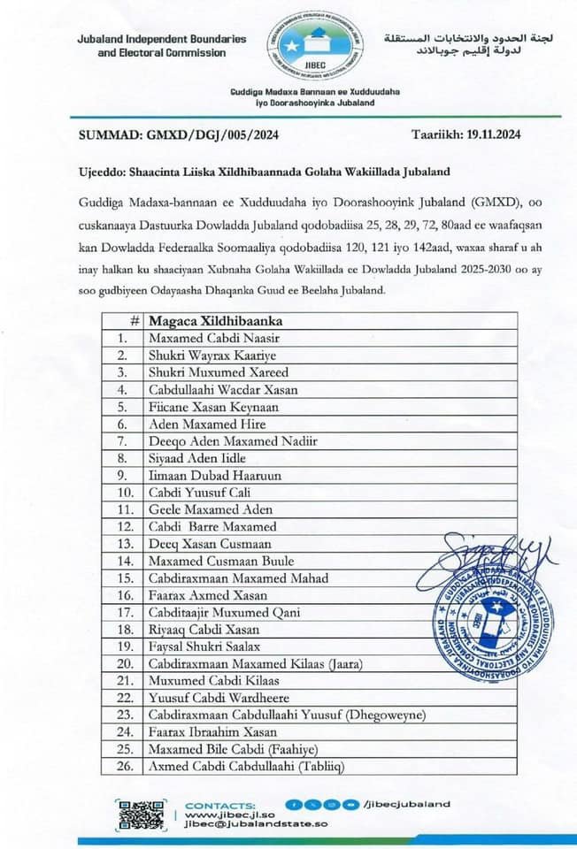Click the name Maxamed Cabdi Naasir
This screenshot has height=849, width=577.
209,338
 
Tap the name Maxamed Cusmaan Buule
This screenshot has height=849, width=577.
221,561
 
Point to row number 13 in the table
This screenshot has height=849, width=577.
124,544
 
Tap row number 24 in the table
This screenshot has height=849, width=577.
124,732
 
